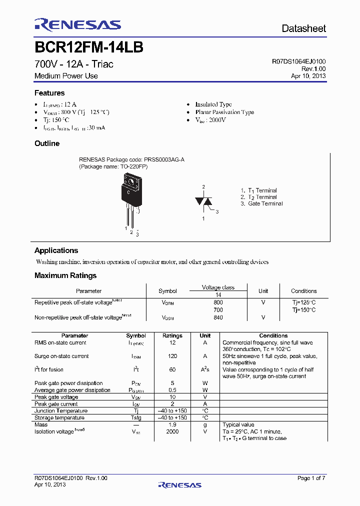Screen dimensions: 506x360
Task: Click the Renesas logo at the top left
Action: tap(77, 24)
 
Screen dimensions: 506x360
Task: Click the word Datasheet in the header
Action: tap(303, 28)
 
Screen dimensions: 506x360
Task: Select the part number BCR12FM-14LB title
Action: tap(89, 47)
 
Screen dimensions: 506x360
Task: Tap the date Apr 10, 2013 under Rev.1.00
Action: tap(308, 76)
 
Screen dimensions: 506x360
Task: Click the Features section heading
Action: tap(49, 93)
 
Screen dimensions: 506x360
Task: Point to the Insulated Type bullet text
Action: tap(213, 104)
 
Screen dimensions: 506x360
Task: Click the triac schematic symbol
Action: tap(203, 201)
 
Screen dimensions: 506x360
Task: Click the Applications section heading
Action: tap(56, 250)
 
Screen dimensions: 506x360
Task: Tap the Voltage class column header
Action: tap(218, 287)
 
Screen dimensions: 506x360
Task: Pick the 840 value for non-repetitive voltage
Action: tap(218, 317)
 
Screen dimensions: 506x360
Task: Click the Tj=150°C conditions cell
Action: tap(303, 310)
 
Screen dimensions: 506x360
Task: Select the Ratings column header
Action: tap(172, 335)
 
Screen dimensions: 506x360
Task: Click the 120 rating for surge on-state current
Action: tap(172, 356)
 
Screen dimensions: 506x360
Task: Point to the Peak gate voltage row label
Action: tap(56, 397)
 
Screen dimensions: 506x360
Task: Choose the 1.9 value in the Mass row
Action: tap(172, 424)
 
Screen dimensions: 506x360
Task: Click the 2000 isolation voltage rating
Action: tap(172, 431)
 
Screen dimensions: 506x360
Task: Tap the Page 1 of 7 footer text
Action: tap(311, 478)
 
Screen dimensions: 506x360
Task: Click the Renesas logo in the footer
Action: tap(179, 484)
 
